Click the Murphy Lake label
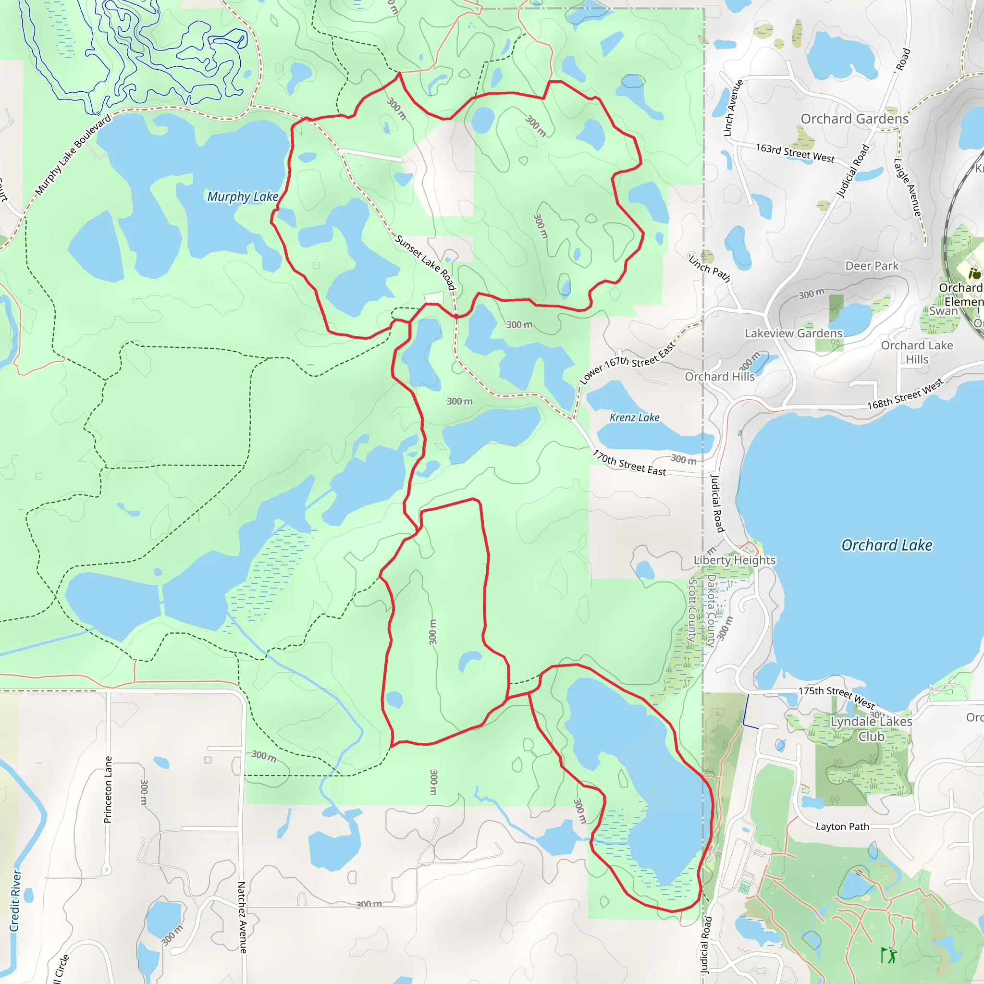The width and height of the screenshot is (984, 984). coord(243,197)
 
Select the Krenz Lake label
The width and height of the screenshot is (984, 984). coord(634,418)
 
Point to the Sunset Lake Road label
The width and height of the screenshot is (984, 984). coord(425,262)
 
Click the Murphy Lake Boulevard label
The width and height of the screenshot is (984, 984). coord(74,155)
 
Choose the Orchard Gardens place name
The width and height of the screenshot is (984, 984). coord(855,119)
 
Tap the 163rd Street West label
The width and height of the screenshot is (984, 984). coord(795,153)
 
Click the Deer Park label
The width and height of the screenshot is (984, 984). coord(872,266)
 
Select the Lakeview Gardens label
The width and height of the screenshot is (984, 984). coord(794,333)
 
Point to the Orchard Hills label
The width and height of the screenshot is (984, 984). coord(719,376)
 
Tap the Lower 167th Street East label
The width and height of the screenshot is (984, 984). coord(627,363)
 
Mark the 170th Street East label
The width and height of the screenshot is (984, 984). coord(629,463)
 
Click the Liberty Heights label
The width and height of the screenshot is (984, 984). coord(735,560)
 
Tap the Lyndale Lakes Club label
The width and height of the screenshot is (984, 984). coord(871,729)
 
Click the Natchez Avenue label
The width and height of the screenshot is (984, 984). coord(242,917)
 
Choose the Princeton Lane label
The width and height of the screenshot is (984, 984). coord(108,789)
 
